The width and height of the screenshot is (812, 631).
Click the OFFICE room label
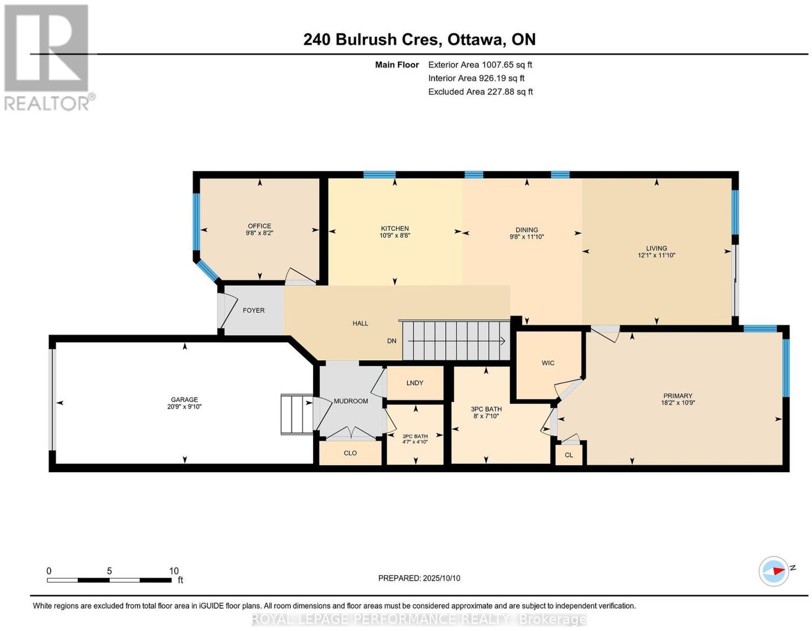click(259, 226)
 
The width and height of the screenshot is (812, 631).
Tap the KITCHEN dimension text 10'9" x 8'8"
click(395, 236)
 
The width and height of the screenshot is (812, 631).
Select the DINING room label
click(526, 230)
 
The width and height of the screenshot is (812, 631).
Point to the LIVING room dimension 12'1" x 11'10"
click(656, 255)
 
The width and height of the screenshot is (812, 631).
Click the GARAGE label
click(184, 400)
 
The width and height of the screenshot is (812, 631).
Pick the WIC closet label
click(548, 363)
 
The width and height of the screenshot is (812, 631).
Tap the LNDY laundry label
click(415, 383)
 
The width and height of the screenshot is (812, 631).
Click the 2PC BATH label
click(415, 436)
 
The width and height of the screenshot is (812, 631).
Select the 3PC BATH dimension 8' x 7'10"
click(486, 416)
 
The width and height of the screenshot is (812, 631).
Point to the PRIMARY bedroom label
click(678, 395)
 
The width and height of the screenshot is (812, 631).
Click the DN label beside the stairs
click(392, 341)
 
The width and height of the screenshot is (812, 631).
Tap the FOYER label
click(253, 310)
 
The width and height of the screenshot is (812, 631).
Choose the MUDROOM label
click(351, 401)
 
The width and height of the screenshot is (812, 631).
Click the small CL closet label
click(569, 455)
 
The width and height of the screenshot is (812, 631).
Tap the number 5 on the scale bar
click(109, 571)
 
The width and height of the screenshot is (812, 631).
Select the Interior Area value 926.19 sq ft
click(501, 78)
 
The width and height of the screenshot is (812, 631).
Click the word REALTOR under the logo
click(47, 104)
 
